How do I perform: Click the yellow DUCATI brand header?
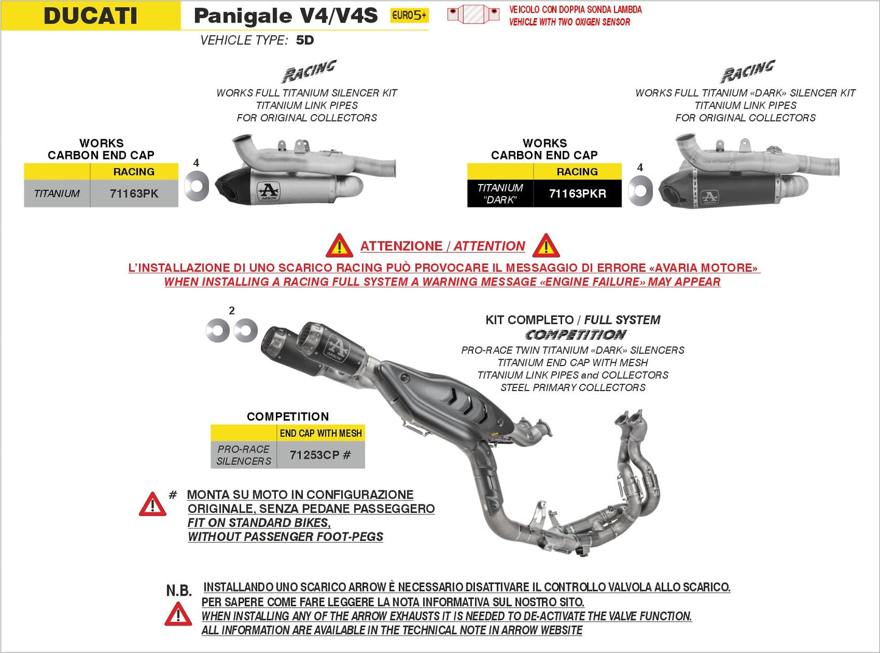[91, 16]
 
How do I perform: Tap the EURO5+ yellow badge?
[409, 16]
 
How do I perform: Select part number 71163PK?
[134, 194]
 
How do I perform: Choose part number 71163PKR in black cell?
[577, 194]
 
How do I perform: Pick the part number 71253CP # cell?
[320, 455]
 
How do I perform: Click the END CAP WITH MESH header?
[320, 433]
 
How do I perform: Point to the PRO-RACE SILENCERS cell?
[244, 455]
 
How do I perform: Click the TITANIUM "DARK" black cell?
[500, 194]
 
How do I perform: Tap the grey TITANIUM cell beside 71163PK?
[57, 194]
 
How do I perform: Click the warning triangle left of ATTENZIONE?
[339, 246]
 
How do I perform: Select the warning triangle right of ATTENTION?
[546, 246]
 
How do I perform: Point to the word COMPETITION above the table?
[287, 417]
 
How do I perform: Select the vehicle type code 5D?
[304, 40]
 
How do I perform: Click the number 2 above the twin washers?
[231, 311]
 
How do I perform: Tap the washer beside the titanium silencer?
[197, 186]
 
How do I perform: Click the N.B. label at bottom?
[178, 590]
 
